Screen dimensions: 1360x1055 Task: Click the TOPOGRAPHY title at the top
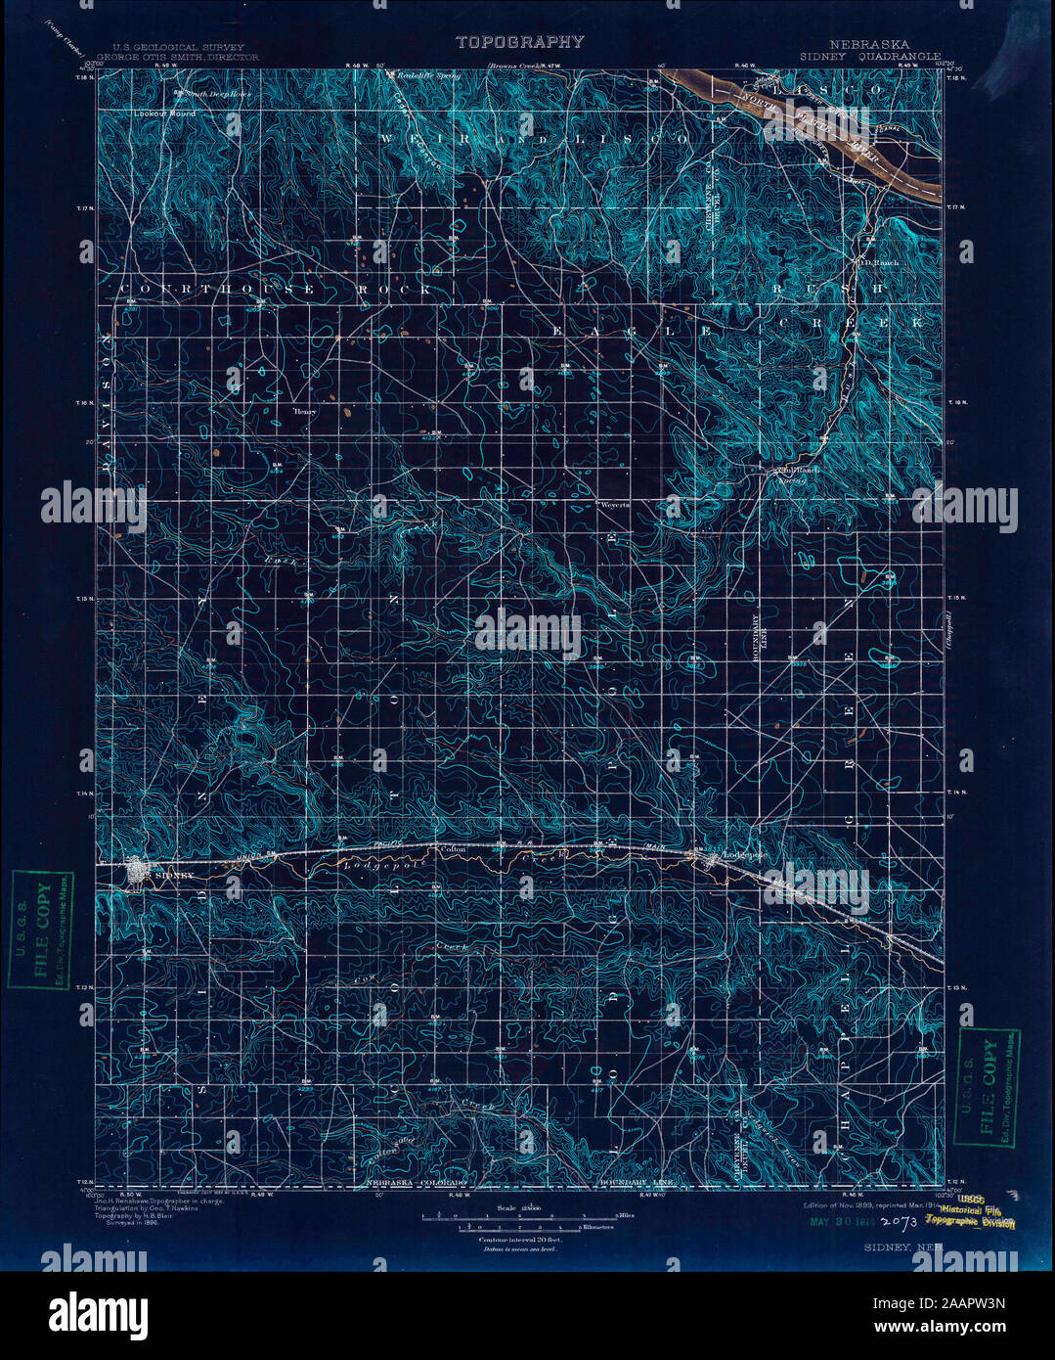[519, 42]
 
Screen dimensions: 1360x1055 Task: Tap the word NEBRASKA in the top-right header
[869, 45]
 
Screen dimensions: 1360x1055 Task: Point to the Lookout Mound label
[162, 113]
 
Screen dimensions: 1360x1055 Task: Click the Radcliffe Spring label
[436, 73]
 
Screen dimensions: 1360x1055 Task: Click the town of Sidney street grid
[136, 871]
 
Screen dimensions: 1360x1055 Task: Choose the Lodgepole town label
[742, 854]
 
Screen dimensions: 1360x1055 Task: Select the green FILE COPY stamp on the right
[989, 1085]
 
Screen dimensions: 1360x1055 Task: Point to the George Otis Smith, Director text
[185, 58]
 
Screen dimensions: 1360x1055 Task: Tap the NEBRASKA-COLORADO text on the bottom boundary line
[417, 1184]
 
